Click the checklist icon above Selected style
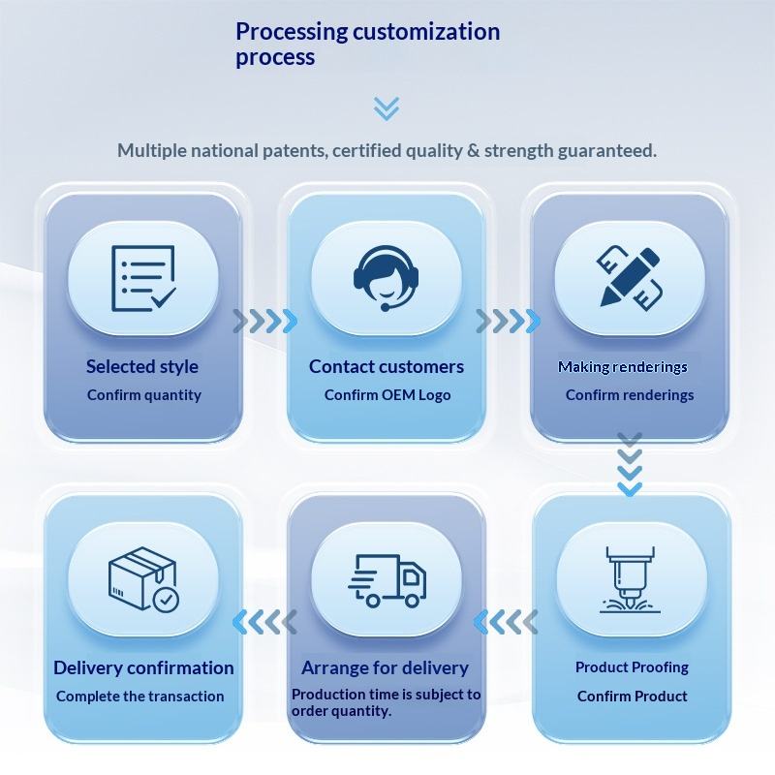[143, 278]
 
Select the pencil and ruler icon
[630, 278]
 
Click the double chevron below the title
[387, 108]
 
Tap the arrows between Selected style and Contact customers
[264, 321]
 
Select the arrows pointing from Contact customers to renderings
[508, 321]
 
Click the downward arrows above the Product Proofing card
[630, 464]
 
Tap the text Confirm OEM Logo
[387, 395]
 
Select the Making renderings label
[623, 367]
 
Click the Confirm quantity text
[144, 395]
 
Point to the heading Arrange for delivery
[385, 667]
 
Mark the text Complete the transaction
[139, 697]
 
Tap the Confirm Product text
[632, 697]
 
